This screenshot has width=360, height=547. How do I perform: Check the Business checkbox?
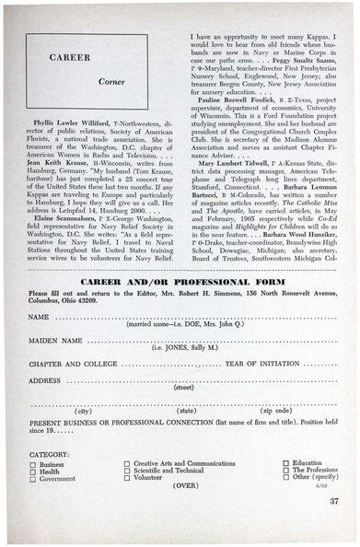33,465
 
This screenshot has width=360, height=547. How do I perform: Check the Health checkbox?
33,472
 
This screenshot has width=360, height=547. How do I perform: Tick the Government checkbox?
33,480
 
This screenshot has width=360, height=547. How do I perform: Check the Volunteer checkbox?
128,478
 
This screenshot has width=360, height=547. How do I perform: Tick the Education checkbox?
286,463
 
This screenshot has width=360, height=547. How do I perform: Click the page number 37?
332,500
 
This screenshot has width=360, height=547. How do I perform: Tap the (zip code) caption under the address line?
274,410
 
